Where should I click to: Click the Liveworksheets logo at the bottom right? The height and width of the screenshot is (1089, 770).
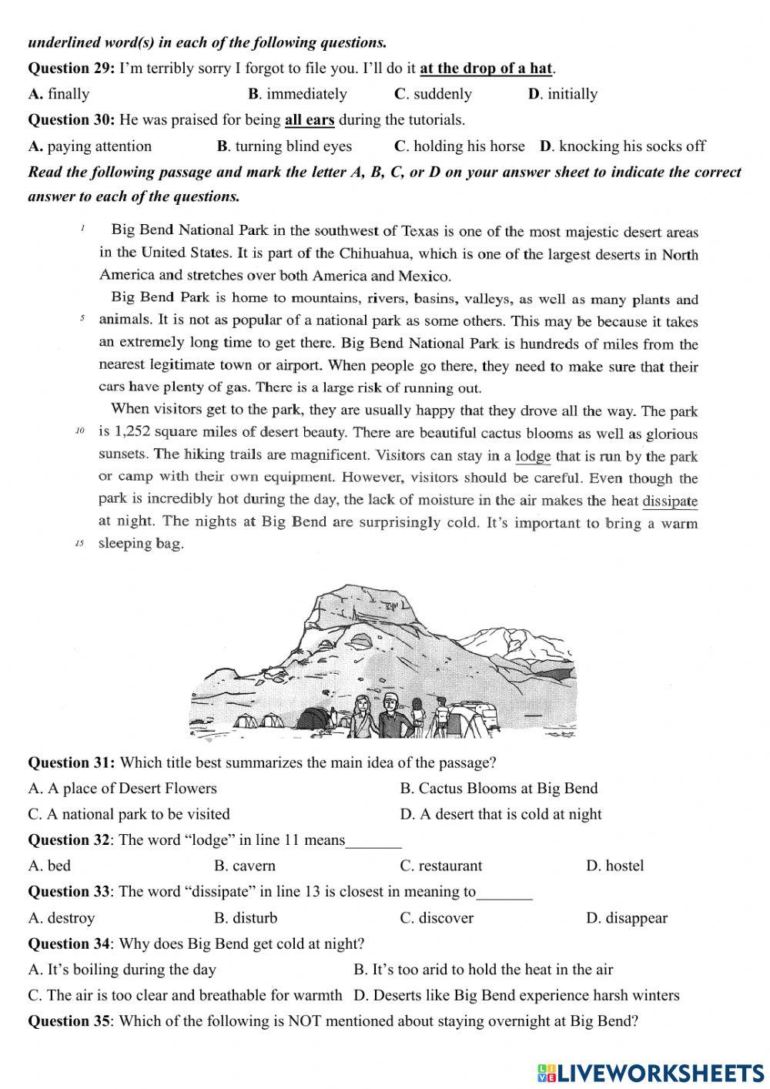pyautogui.click(x=651, y=1073)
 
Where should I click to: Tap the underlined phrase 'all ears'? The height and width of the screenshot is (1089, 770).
pyautogui.click(x=310, y=119)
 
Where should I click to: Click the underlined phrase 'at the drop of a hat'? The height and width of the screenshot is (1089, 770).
pyautogui.click(x=486, y=68)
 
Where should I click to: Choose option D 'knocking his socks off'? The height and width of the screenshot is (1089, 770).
pyautogui.click(x=622, y=146)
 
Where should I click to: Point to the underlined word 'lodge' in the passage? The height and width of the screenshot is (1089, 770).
pyautogui.click(x=533, y=456)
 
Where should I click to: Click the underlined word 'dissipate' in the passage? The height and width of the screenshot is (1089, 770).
pyautogui.click(x=670, y=501)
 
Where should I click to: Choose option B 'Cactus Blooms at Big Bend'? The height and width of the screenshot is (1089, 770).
pyautogui.click(x=498, y=788)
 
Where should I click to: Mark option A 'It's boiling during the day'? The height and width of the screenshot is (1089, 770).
pyautogui.click(x=122, y=969)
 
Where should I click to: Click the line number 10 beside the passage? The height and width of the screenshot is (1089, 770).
pyautogui.click(x=79, y=432)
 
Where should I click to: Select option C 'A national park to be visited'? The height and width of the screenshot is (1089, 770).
pyautogui.click(x=129, y=814)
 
